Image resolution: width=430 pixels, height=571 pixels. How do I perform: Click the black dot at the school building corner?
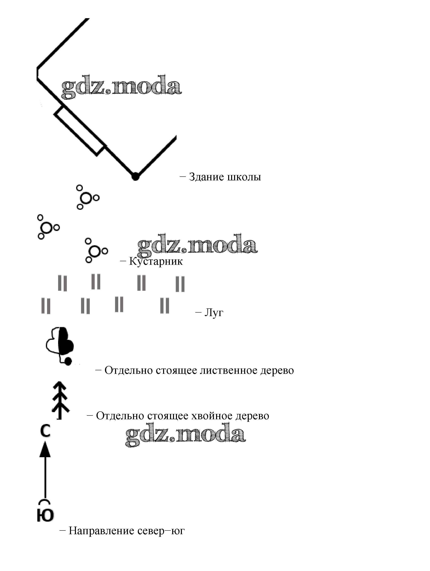[135, 177]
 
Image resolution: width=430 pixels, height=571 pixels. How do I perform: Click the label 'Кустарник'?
[156, 261]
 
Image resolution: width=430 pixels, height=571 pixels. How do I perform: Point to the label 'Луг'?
[214, 313]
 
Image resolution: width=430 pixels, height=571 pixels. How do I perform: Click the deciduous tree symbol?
[60, 345]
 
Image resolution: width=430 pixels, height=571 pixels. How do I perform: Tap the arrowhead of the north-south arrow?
[45, 450]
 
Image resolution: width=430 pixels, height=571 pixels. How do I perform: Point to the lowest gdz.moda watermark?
[185, 434]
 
